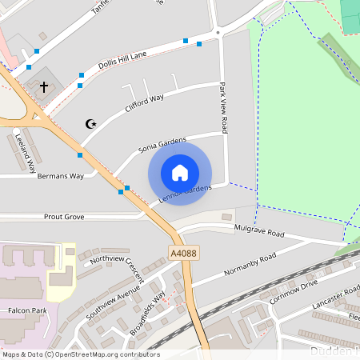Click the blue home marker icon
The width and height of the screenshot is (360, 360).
click(x=180, y=173)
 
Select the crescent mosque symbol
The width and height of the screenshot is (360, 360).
click(x=90, y=123)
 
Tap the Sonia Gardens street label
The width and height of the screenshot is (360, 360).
click(x=162, y=145)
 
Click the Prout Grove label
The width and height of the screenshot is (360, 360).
click(x=64, y=216)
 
